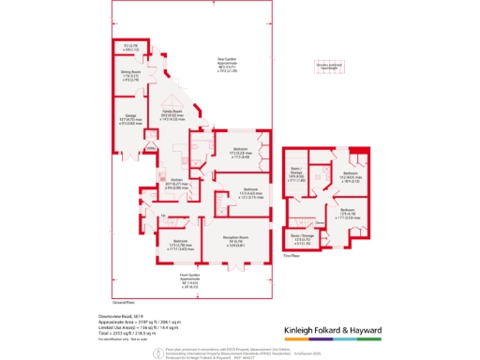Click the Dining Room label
click(x=130, y=70)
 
